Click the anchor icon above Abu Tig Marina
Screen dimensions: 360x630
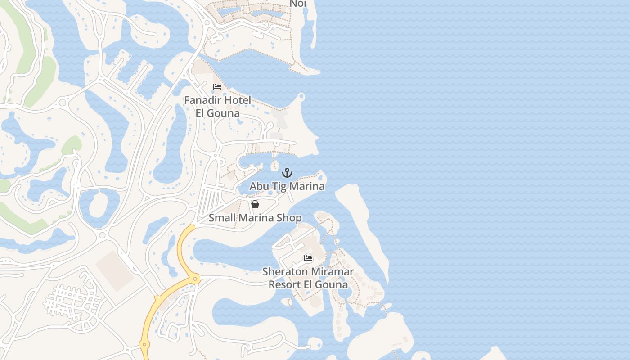pos(287,173)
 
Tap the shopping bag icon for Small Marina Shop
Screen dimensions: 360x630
pos(255,205)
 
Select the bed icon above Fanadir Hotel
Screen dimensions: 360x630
pos(217,87)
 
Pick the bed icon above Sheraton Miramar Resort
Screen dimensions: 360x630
pos(308,258)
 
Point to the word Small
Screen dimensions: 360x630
pos(222,218)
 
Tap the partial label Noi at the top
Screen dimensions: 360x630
pos(298,4)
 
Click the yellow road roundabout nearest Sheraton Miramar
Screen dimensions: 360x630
pos(195,279)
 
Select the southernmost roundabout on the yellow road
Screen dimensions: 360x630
pos(144,345)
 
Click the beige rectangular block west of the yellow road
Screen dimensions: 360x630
pos(114,271)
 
